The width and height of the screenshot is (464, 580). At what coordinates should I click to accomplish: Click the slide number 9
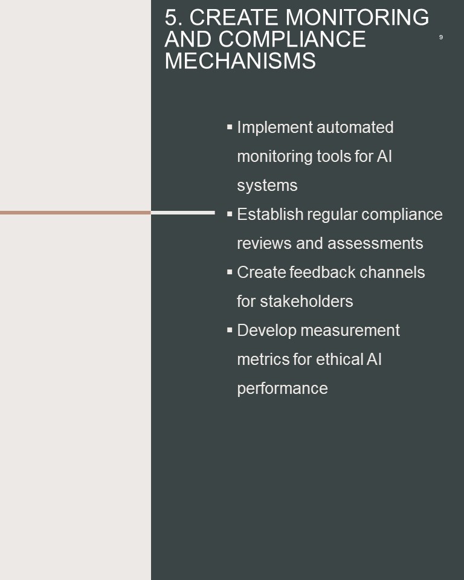click(440, 37)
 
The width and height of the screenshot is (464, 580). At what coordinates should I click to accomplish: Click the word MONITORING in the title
click(357, 18)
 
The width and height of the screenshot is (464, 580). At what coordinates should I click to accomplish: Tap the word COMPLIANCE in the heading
click(292, 39)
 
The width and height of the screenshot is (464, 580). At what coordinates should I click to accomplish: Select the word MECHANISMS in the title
click(240, 60)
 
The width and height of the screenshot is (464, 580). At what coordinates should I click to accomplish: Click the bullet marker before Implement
click(230, 127)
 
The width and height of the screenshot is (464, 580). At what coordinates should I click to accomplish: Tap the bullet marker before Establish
click(230, 214)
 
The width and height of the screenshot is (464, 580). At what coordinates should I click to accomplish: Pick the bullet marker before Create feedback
click(230, 272)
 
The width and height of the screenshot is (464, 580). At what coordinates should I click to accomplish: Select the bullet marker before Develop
click(230, 330)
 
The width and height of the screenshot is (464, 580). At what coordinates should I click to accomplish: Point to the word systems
click(267, 185)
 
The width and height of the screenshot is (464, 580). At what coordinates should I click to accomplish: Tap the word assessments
click(375, 243)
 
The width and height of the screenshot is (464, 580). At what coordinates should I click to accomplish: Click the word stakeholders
click(306, 301)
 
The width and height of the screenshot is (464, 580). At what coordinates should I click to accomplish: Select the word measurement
click(350, 330)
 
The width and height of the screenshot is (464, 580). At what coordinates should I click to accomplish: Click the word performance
click(282, 388)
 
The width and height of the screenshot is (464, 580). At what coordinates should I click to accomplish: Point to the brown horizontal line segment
click(76, 213)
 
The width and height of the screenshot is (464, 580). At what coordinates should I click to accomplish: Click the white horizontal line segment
click(183, 213)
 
